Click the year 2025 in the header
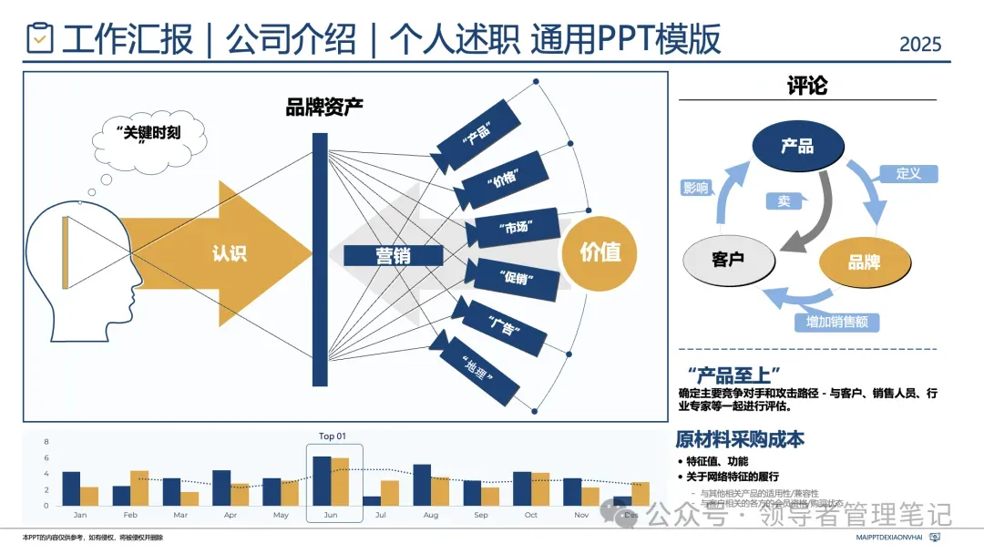[x=919, y=44]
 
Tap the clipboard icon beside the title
[x=39, y=38]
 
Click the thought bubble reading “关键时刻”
[x=149, y=137]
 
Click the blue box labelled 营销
[x=394, y=255]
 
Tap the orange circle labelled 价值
[x=600, y=252]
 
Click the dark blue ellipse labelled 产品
[x=797, y=146]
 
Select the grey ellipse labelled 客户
[x=729, y=260]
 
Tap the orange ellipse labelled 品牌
[x=864, y=262]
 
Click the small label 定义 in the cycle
[x=908, y=173]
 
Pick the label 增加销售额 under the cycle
[x=836, y=322]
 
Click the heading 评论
[x=807, y=87]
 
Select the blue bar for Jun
[x=322, y=481]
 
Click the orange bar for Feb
[x=139, y=487]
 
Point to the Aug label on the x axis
[x=431, y=515]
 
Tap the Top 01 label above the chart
[x=332, y=436]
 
